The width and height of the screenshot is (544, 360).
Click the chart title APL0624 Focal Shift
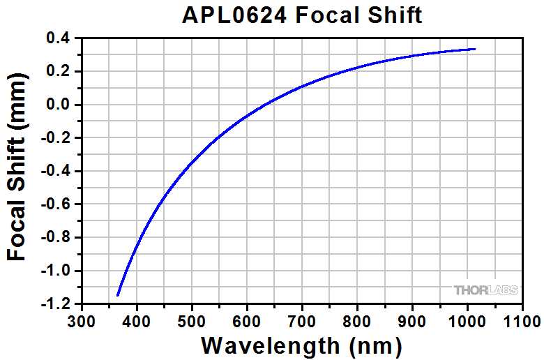[x=301, y=15]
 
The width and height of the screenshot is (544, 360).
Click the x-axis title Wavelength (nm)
[x=301, y=345]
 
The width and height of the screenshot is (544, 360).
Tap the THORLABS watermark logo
[x=486, y=290]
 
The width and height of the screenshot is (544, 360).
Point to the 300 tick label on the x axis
[x=82, y=320]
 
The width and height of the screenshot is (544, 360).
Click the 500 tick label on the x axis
[x=192, y=320]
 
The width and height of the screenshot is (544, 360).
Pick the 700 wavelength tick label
[x=302, y=320]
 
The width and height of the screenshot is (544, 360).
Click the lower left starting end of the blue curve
[x=118, y=295]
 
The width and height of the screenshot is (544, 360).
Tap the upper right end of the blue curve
[x=474, y=49]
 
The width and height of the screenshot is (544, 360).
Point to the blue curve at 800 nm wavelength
[x=357, y=68]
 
